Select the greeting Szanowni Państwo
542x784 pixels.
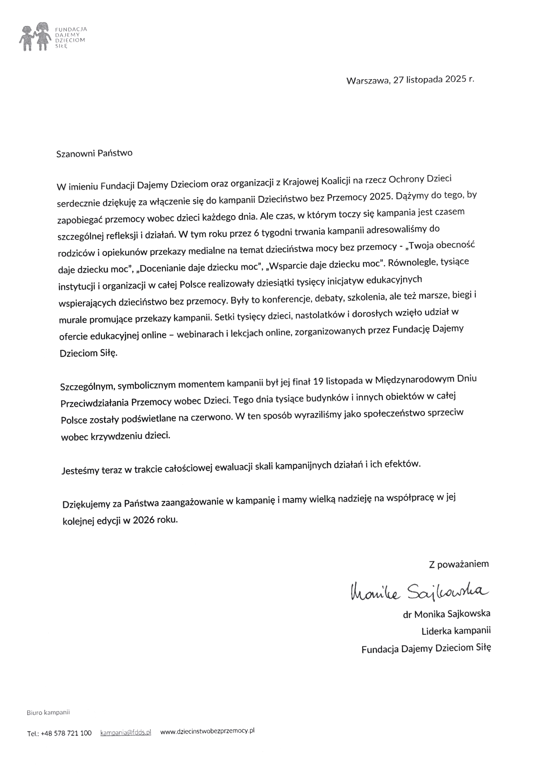tap(94, 153)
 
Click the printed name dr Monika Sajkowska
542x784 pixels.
tap(446, 614)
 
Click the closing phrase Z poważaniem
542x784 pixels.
tap(458, 564)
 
